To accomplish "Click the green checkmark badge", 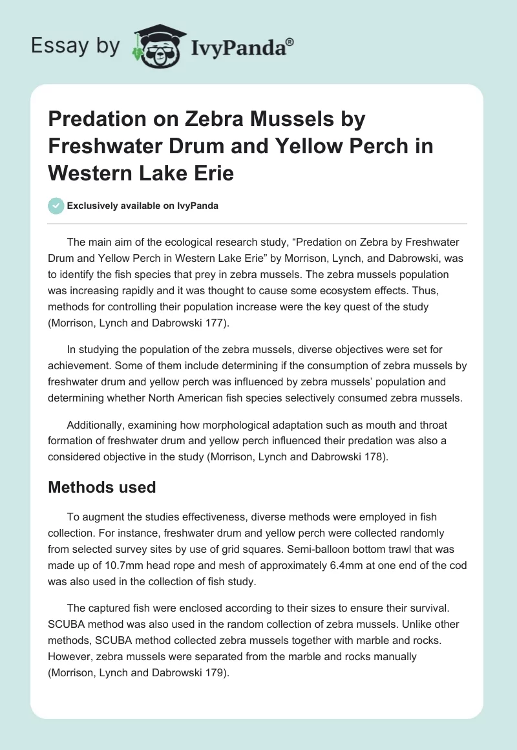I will pos(56,206).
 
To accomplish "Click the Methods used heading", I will pos(102,487).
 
